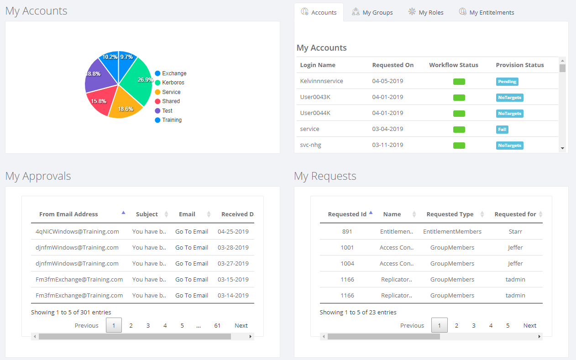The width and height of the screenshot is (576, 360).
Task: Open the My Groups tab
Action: click(x=372, y=12)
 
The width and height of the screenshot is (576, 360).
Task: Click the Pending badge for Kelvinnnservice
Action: click(x=507, y=81)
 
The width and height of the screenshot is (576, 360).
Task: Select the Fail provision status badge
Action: click(x=502, y=129)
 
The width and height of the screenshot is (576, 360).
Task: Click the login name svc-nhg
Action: click(x=311, y=145)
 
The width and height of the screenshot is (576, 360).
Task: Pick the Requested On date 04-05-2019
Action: click(x=387, y=81)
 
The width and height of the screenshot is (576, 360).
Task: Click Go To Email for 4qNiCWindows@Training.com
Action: click(x=192, y=231)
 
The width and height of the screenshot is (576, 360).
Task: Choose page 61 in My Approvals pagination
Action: click(x=217, y=325)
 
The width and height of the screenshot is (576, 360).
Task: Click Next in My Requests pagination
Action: click(x=529, y=325)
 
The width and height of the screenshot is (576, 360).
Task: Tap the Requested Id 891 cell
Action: click(x=347, y=231)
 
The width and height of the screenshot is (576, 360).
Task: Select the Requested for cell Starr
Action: click(x=515, y=231)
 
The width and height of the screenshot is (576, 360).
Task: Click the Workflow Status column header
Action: click(x=454, y=65)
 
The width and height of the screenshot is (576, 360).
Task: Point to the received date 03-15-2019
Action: click(x=233, y=279)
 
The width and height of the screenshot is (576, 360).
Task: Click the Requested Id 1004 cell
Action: click(x=347, y=263)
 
